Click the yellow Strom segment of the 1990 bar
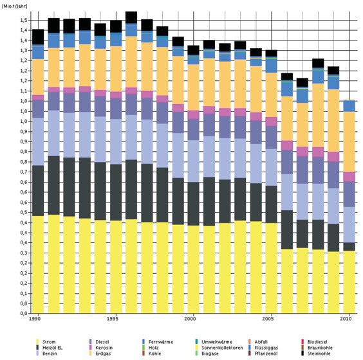coord(38,264)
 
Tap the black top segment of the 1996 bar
coord(131,17)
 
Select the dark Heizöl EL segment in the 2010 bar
coord(349,246)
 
